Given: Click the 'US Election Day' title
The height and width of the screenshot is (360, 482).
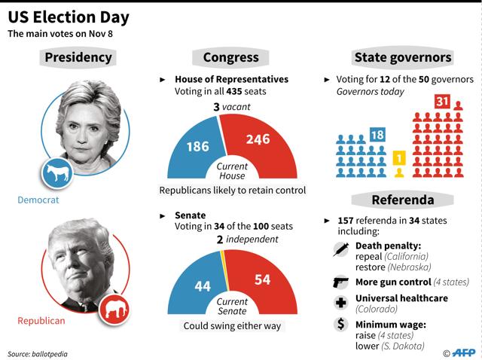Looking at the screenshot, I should point(69,17).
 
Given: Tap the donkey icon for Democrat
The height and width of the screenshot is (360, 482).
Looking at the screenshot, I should point(56,174).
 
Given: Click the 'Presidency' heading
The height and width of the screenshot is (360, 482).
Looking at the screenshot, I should point(78,57).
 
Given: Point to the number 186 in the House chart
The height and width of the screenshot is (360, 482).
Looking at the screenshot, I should point(197,146).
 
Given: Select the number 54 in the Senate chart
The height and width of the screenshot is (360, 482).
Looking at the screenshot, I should point(263,279).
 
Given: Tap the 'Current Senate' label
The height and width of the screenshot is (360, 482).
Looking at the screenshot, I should point(231,307).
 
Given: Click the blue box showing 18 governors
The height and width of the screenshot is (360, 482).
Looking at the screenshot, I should point(378,136).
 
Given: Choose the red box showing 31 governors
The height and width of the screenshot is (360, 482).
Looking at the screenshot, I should point(443,102).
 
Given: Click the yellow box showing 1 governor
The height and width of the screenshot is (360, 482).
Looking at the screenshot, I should point(400,159).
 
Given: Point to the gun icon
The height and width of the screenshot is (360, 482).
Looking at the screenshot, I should point(340,282).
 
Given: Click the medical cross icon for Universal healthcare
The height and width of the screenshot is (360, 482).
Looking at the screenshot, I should point(340,304).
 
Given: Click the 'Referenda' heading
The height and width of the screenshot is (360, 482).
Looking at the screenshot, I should point(403,200).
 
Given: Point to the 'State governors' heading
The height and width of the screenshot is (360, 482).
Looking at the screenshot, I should point(403,57).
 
